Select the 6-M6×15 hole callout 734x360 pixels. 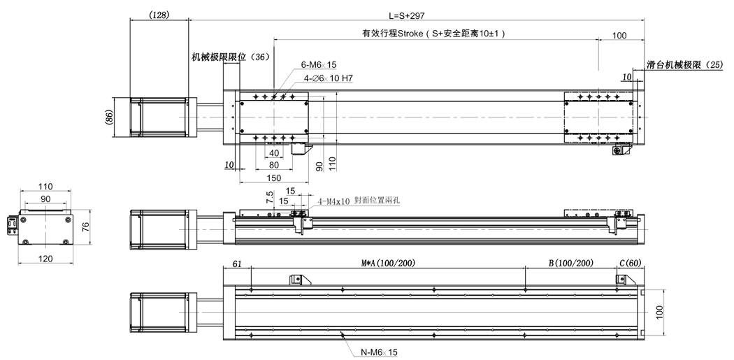coord(319,65)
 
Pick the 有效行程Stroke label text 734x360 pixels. coord(433,34)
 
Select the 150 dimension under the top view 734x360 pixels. coord(273,178)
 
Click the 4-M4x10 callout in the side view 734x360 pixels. coord(335,201)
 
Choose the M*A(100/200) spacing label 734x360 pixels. coord(388,263)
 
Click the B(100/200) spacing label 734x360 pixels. coord(570,263)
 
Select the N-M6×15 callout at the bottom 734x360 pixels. coord(378,352)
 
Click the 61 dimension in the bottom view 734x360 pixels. coord(236,264)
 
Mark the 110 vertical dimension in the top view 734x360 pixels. coord(333,164)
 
